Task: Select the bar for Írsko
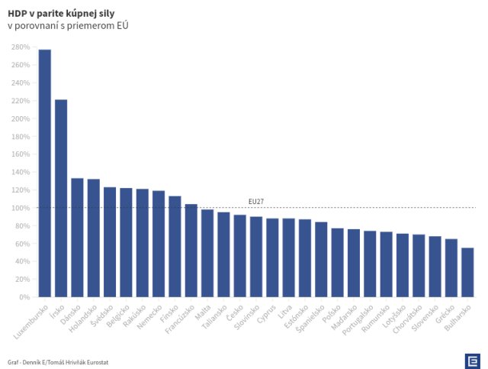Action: [x=61, y=199]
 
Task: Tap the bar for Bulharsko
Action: [x=467, y=272]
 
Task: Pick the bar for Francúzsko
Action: [x=191, y=251]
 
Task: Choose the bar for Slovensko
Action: [x=435, y=267]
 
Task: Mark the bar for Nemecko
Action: [x=159, y=244]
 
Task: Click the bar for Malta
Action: [x=207, y=253]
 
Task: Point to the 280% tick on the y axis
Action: [x=21, y=47]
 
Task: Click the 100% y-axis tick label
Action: [x=21, y=208]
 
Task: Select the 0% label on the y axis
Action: [x=24, y=297]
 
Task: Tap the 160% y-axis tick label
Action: [x=21, y=154]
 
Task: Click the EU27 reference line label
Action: [x=256, y=202]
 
